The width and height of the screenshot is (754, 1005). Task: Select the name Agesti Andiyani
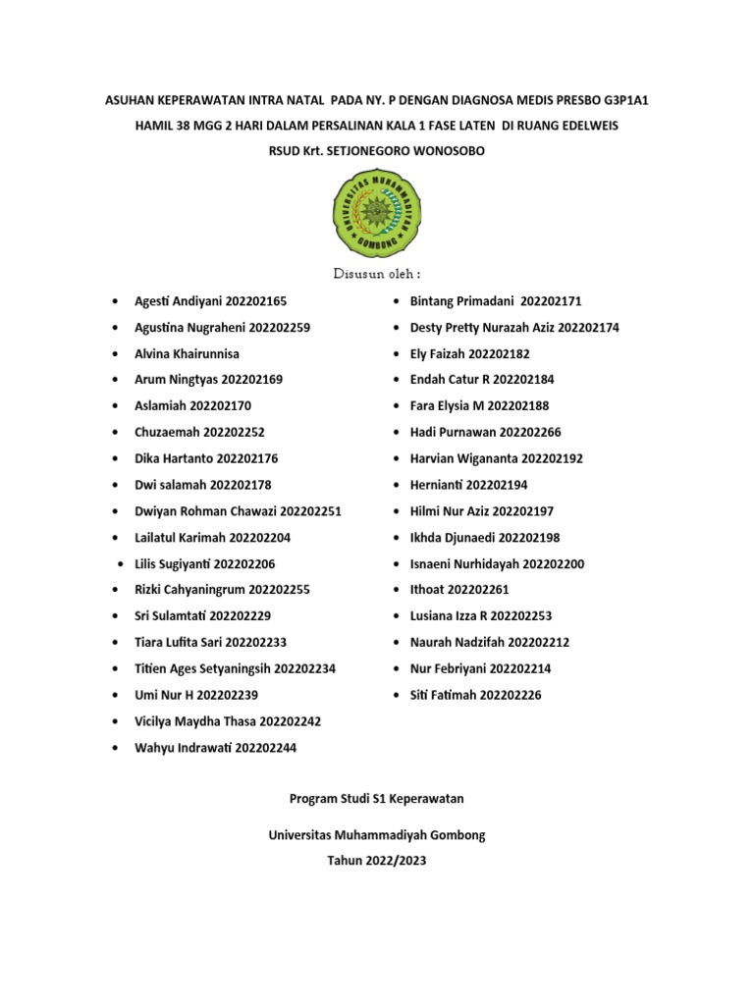coord(178,301)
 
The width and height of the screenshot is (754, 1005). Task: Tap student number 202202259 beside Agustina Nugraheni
coord(280,327)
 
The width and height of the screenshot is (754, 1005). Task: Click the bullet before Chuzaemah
coord(117,432)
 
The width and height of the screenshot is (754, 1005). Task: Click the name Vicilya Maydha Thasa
coord(195,721)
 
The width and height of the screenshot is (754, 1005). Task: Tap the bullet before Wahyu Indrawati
coord(117,748)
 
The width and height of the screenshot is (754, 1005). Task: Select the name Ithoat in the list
coord(427,590)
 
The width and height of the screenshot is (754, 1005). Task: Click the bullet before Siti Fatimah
coord(395,695)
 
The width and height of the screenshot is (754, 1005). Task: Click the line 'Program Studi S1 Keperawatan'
coord(377,800)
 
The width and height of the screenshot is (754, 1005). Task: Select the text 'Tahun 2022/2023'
coord(377,861)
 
